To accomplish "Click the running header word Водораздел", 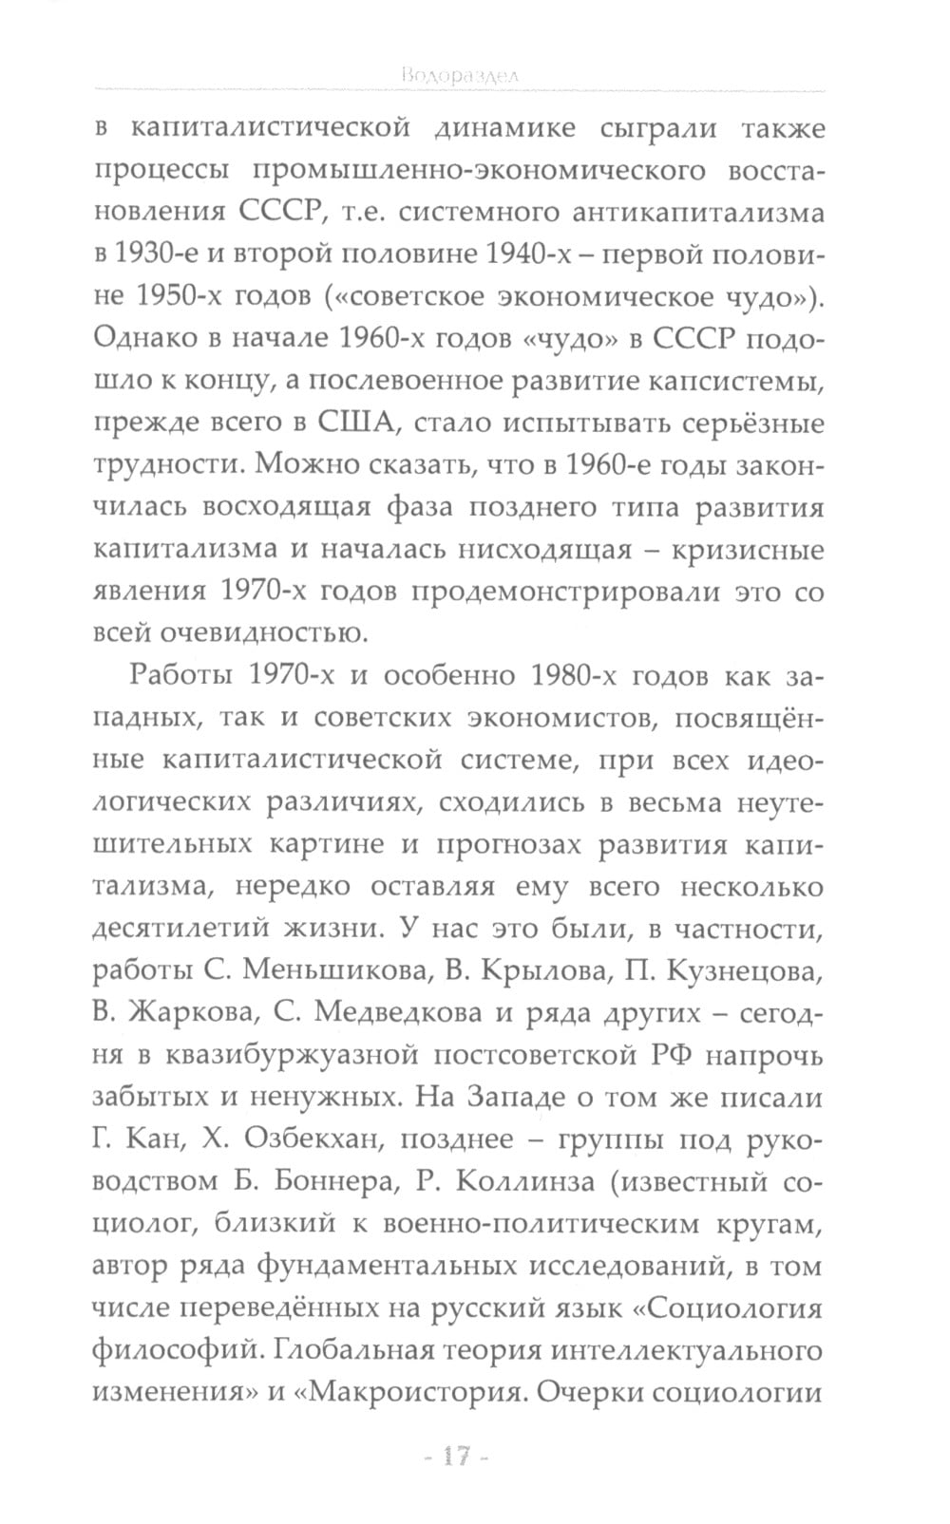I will tap(459, 76).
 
